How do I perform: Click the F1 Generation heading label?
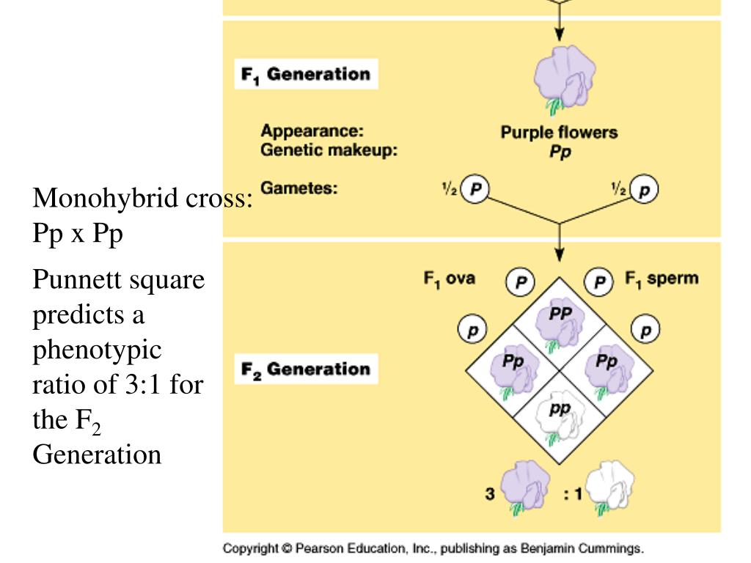pos(306,75)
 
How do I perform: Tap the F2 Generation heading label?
pos(306,369)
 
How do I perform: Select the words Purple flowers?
pos(559,133)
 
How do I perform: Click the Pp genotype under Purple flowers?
pos(560,152)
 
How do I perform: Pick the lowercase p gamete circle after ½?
pos(645,190)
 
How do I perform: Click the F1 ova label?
pos(449,279)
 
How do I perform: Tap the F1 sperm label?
pos(662,279)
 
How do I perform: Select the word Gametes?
pos(299,188)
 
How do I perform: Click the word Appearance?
pos(312,133)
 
